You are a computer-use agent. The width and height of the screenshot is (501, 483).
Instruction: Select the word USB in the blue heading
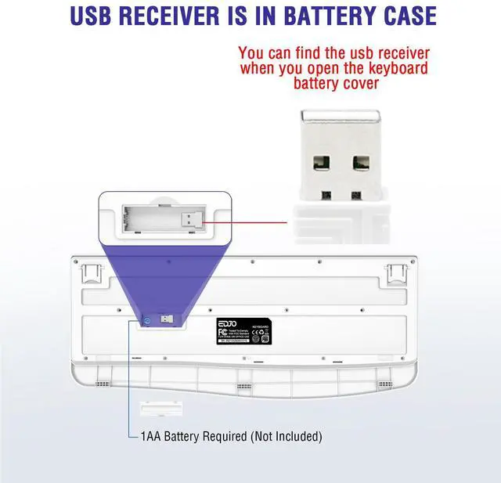coord(96,16)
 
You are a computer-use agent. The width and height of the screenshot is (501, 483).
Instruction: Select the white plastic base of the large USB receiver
coord(341,224)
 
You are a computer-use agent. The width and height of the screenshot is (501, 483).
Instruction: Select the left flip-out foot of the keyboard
coord(92,273)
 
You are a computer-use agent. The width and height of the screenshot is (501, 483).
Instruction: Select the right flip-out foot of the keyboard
coord(398,274)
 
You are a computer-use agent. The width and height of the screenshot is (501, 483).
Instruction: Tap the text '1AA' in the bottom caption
coord(149,436)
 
